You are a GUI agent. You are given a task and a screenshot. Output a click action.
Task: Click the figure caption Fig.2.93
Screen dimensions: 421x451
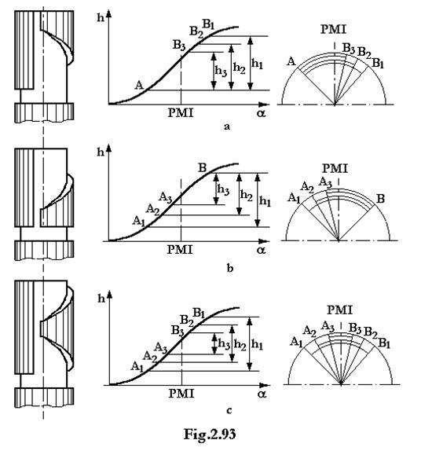point(210,434)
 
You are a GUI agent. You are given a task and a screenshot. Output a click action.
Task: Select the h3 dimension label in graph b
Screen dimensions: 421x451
point(223,190)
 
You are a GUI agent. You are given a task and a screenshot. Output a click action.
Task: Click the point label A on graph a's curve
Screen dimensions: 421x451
point(139,85)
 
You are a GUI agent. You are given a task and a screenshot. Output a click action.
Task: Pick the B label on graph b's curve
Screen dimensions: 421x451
point(203,167)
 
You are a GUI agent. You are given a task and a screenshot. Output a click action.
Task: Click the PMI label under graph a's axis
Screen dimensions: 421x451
point(181,112)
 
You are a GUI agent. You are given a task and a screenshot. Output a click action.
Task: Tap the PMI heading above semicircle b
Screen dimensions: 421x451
point(335,168)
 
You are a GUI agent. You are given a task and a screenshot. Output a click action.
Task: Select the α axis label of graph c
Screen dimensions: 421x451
point(262,394)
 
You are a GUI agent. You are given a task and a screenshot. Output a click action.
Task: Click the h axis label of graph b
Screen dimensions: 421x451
point(101,152)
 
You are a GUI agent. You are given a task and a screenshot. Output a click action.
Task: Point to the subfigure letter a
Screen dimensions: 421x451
point(227,126)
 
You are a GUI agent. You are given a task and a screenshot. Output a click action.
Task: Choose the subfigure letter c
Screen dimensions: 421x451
point(229,410)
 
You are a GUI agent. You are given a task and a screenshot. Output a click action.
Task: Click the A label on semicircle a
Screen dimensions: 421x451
point(291,61)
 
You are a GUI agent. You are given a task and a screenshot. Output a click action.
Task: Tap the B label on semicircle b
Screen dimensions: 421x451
point(380,199)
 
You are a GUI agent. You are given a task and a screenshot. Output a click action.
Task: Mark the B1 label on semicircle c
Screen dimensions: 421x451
point(384,343)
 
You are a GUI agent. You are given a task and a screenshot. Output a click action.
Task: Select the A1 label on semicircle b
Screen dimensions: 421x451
point(294,198)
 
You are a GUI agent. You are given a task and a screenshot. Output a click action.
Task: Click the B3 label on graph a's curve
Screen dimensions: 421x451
point(179,46)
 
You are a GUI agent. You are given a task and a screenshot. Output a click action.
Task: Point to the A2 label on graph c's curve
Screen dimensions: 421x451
point(150,357)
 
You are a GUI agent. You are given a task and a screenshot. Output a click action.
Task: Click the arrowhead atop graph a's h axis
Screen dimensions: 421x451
point(108,13)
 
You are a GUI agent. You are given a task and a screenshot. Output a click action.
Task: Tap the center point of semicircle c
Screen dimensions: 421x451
point(341,384)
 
